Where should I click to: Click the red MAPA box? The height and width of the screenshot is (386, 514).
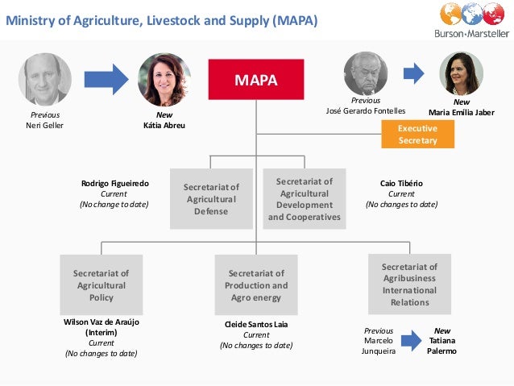point(255,81)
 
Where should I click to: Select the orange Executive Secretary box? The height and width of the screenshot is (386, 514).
point(417,134)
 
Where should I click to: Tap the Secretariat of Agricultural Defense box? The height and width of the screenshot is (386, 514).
point(212,199)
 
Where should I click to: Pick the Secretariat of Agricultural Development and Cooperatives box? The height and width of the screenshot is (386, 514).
point(305,199)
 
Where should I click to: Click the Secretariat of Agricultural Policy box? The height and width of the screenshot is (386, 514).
point(102,285)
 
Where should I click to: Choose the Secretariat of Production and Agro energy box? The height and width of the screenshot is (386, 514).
point(255,285)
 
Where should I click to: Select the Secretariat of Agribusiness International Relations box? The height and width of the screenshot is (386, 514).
point(409,284)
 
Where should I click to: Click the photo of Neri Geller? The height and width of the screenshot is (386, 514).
point(45,80)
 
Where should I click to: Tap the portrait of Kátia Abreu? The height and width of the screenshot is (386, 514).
point(164,80)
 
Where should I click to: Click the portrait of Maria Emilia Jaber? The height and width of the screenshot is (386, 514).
point(461,74)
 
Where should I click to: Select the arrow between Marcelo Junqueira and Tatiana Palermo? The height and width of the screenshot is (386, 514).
point(412,341)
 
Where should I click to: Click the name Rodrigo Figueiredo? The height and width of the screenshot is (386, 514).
point(115,184)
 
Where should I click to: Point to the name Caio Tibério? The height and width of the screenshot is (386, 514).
point(401,184)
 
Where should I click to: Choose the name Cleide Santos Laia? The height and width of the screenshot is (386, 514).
point(256,325)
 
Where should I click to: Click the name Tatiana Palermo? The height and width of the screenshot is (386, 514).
point(441,341)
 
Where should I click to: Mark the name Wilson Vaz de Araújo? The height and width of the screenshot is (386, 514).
point(102,322)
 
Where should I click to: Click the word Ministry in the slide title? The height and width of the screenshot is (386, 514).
point(30,21)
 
